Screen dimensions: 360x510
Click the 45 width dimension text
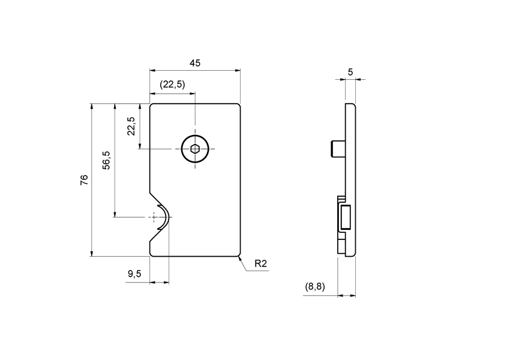[x=194, y=62]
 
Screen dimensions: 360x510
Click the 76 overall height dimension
[x=84, y=179]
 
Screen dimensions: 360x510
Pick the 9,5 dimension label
[x=134, y=274]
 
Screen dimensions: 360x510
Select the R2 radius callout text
[x=260, y=263]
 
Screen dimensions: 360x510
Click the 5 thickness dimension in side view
[x=350, y=72]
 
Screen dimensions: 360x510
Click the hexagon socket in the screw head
[x=195, y=149]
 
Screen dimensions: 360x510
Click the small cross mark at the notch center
[x=154, y=217]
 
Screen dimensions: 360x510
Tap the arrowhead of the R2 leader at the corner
[x=240, y=258]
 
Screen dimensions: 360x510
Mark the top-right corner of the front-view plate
[x=239, y=104]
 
